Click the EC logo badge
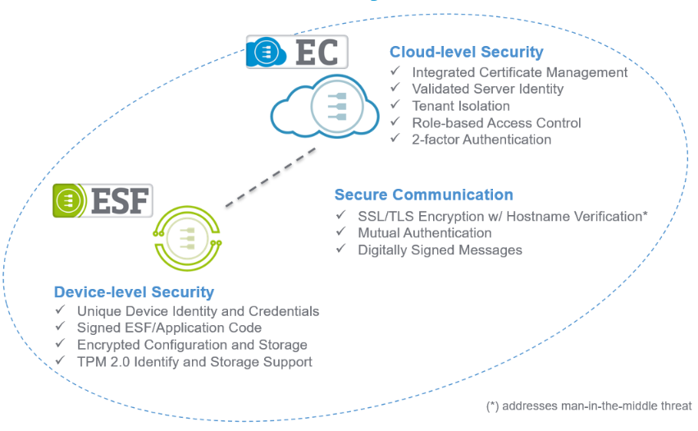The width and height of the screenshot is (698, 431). [297, 51]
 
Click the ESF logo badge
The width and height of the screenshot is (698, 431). [103, 200]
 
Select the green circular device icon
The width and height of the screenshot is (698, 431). [186, 238]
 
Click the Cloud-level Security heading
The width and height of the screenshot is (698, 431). [466, 52]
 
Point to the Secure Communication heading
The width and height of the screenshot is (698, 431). [423, 195]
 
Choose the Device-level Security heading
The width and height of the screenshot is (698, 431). [134, 291]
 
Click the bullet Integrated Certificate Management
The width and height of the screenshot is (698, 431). [520, 72]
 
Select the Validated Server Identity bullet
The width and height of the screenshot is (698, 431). [487, 89]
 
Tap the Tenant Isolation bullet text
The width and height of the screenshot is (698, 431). [460, 106]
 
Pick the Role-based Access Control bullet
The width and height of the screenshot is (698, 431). [496, 122]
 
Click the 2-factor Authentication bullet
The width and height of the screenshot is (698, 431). [481, 140]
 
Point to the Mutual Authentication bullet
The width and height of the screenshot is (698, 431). [425, 232]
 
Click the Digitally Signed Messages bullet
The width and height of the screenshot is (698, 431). [440, 250]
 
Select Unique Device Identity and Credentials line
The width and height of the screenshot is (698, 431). [198, 311]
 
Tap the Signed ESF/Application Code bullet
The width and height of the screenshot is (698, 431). [169, 328]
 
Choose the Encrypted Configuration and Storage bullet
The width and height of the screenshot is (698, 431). [192, 345]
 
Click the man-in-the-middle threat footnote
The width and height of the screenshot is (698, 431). [589, 406]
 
